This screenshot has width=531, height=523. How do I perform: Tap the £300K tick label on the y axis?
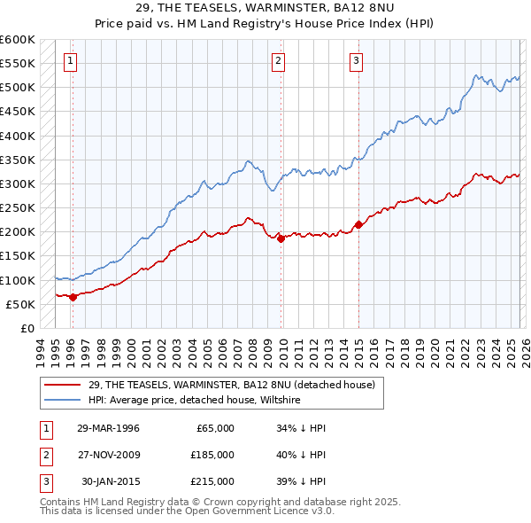pyautogui.click(x=18, y=183)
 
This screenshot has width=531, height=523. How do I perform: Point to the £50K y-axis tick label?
pyautogui.click(x=20, y=304)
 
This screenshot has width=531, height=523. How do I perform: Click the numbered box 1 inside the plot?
pyautogui.click(x=70, y=61)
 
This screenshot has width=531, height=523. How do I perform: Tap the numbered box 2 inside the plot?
pyautogui.click(x=278, y=61)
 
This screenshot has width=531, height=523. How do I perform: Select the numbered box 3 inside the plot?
pyautogui.click(x=356, y=61)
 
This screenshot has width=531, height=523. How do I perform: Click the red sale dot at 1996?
pyautogui.click(x=73, y=297)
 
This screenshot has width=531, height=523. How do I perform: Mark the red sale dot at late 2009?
pyautogui.click(x=281, y=238)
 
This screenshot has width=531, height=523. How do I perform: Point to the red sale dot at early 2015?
pyautogui.click(x=358, y=224)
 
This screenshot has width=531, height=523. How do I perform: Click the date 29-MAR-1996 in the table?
pyautogui.click(x=108, y=428)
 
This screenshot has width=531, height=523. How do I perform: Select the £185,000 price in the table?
pyautogui.click(x=212, y=455)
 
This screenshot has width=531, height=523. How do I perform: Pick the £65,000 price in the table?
pyautogui.click(x=215, y=428)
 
